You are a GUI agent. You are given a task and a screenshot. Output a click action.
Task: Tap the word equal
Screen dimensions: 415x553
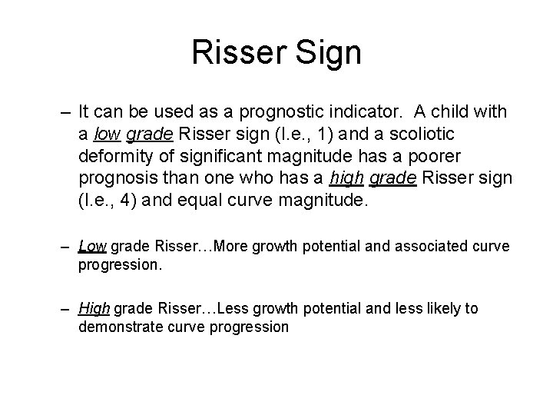pyautogui.click(x=205, y=201)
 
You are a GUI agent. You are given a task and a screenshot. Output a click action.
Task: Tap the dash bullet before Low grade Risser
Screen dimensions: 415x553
pyautogui.click(x=67, y=247)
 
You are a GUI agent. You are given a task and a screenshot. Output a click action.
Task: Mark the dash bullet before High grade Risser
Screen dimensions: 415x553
pyautogui.click(x=67, y=308)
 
